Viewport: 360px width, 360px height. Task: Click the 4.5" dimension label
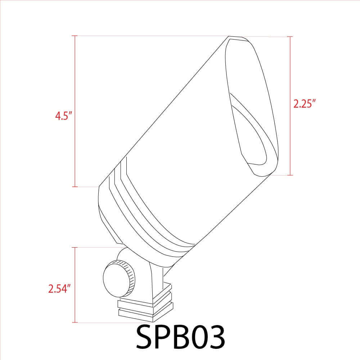[x=64, y=116]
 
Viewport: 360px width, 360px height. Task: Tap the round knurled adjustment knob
[x=119, y=279]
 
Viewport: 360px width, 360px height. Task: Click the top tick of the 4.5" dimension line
[x=75, y=36]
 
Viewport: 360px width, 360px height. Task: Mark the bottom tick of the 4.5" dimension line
[x=75, y=186]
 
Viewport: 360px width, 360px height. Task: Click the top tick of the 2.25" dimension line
[x=290, y=36]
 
